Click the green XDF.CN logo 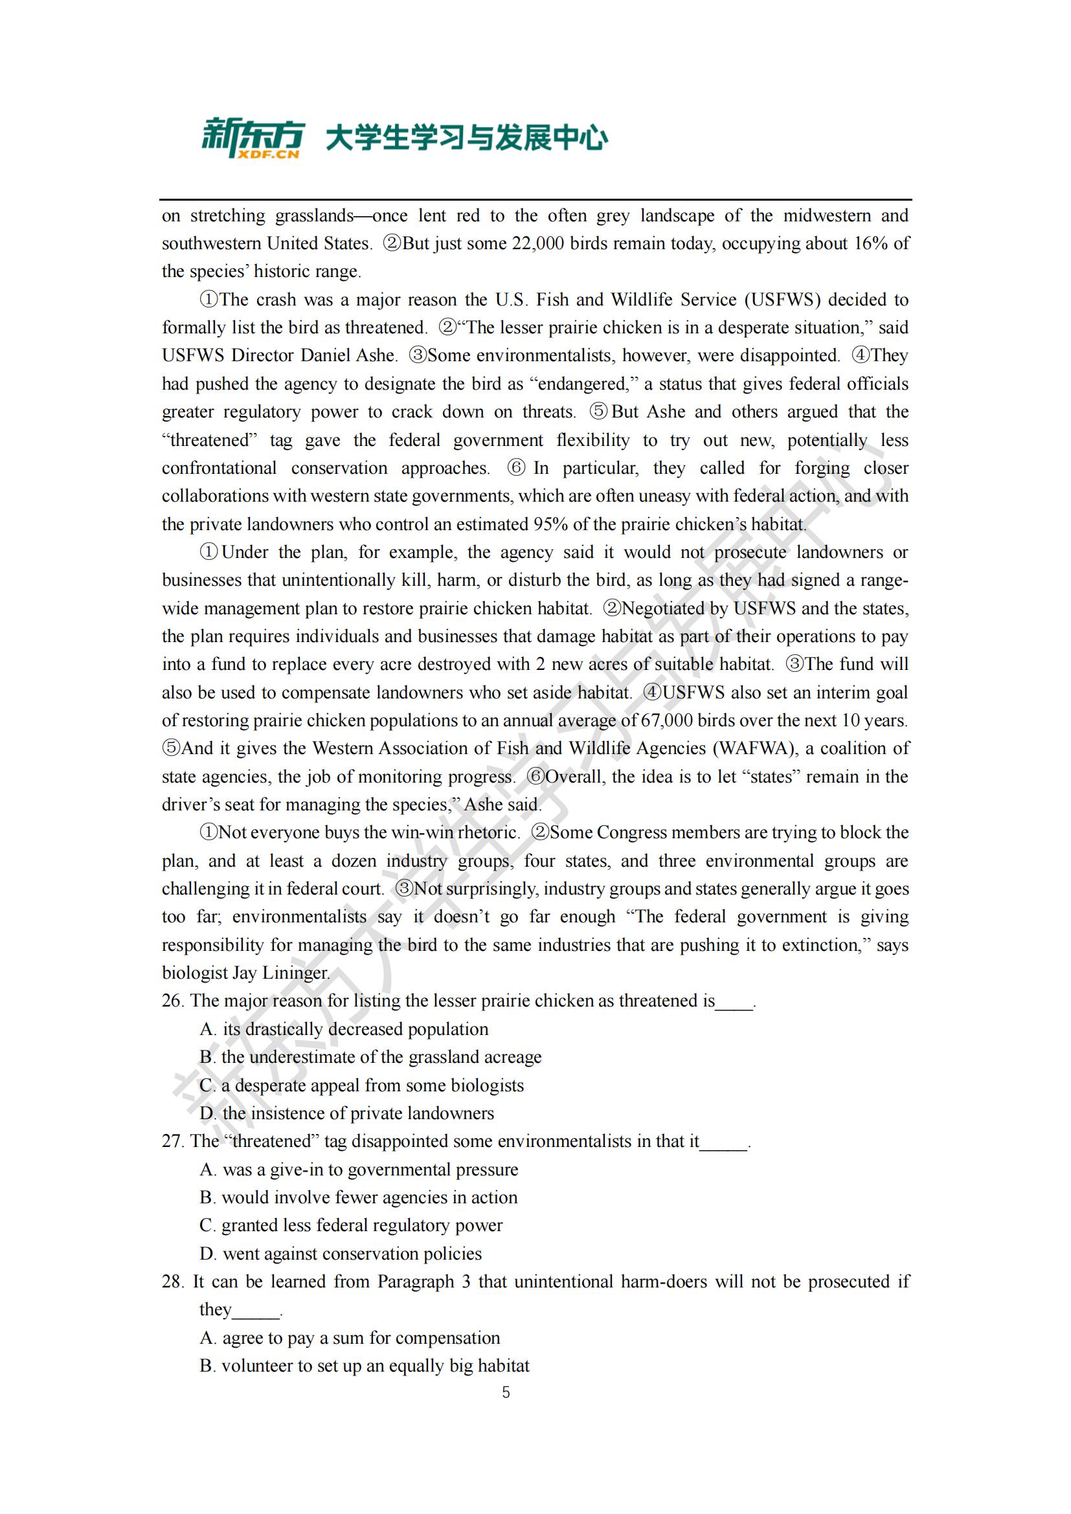(253, 138)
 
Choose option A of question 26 (344, 1029)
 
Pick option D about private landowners (347, 1113)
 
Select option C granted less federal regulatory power (351, 1225)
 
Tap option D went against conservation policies (341, 1254)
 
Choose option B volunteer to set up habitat (364, 1365)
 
